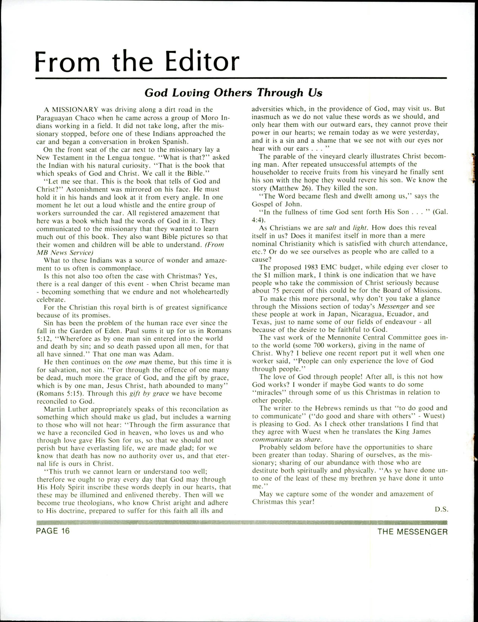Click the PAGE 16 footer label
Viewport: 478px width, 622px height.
click(x=53, y=531)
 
